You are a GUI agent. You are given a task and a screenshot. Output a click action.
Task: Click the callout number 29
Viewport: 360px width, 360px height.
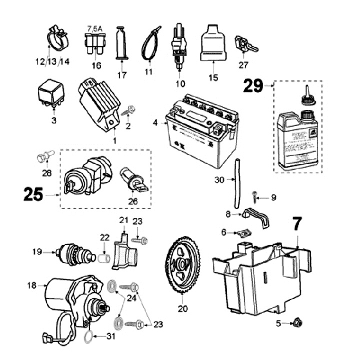click(x=253, y=86)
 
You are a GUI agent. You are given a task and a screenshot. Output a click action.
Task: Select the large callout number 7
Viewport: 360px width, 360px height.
click(x=297, y=224)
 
